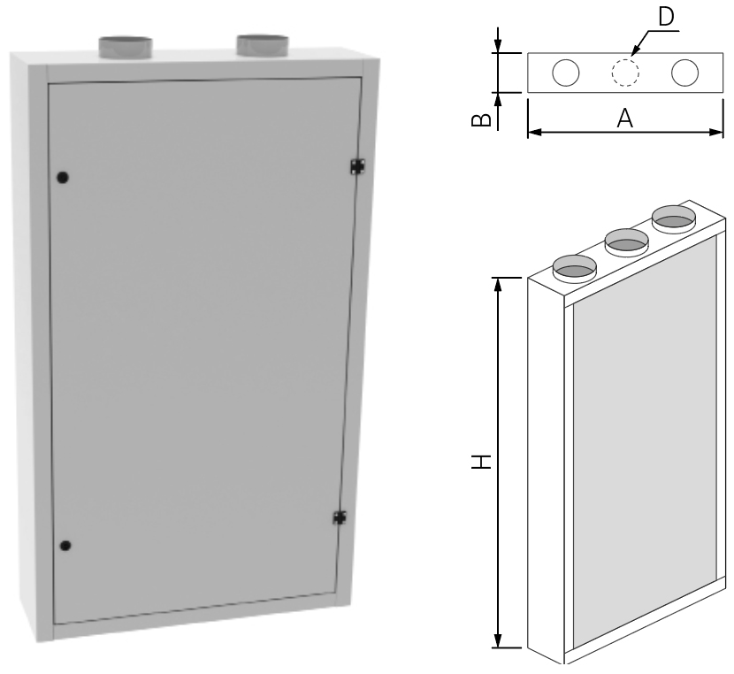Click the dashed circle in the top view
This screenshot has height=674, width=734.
pyautogui.click(x=625, y=73)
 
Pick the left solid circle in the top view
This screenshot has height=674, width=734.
pyautogui.click(x=566, y=73)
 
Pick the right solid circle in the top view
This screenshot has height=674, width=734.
pyautogui.click(x=684, y=73)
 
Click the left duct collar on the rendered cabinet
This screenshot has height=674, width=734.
pyautogui.click(x=123, y=47)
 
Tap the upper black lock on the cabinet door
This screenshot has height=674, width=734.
pyautogui.click(x=62, y=177)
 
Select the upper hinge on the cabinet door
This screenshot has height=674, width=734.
pyautogui.click(x=357, y=165)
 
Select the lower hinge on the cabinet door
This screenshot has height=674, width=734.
pyautogui.click(x=339, y=517)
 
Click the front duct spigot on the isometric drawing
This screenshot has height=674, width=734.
pyautogui.click(x=574, y=266)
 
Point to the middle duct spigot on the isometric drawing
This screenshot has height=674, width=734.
pyautogui.click(x=624, y=239)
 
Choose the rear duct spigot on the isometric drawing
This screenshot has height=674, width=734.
pyautogui.click(x=673, y=217)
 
